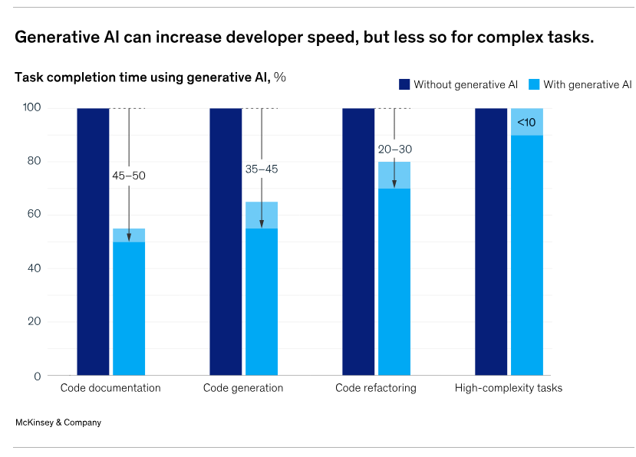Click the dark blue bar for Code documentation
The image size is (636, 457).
93,242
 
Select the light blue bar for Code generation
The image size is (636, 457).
262,299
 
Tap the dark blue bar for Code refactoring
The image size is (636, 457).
358,242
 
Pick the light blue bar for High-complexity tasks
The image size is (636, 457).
527,253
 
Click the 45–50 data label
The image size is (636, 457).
129,176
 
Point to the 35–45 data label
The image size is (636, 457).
262,169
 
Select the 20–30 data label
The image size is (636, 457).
394,150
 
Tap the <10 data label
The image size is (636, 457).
526,123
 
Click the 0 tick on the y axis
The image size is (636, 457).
36,376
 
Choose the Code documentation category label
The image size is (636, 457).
110,388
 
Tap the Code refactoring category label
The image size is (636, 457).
376,388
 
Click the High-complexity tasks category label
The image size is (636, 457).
509,388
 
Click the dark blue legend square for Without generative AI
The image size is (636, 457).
404,84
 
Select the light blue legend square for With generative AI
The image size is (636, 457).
534,84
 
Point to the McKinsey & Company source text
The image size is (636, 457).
58,422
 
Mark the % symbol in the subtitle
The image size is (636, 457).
281,77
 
